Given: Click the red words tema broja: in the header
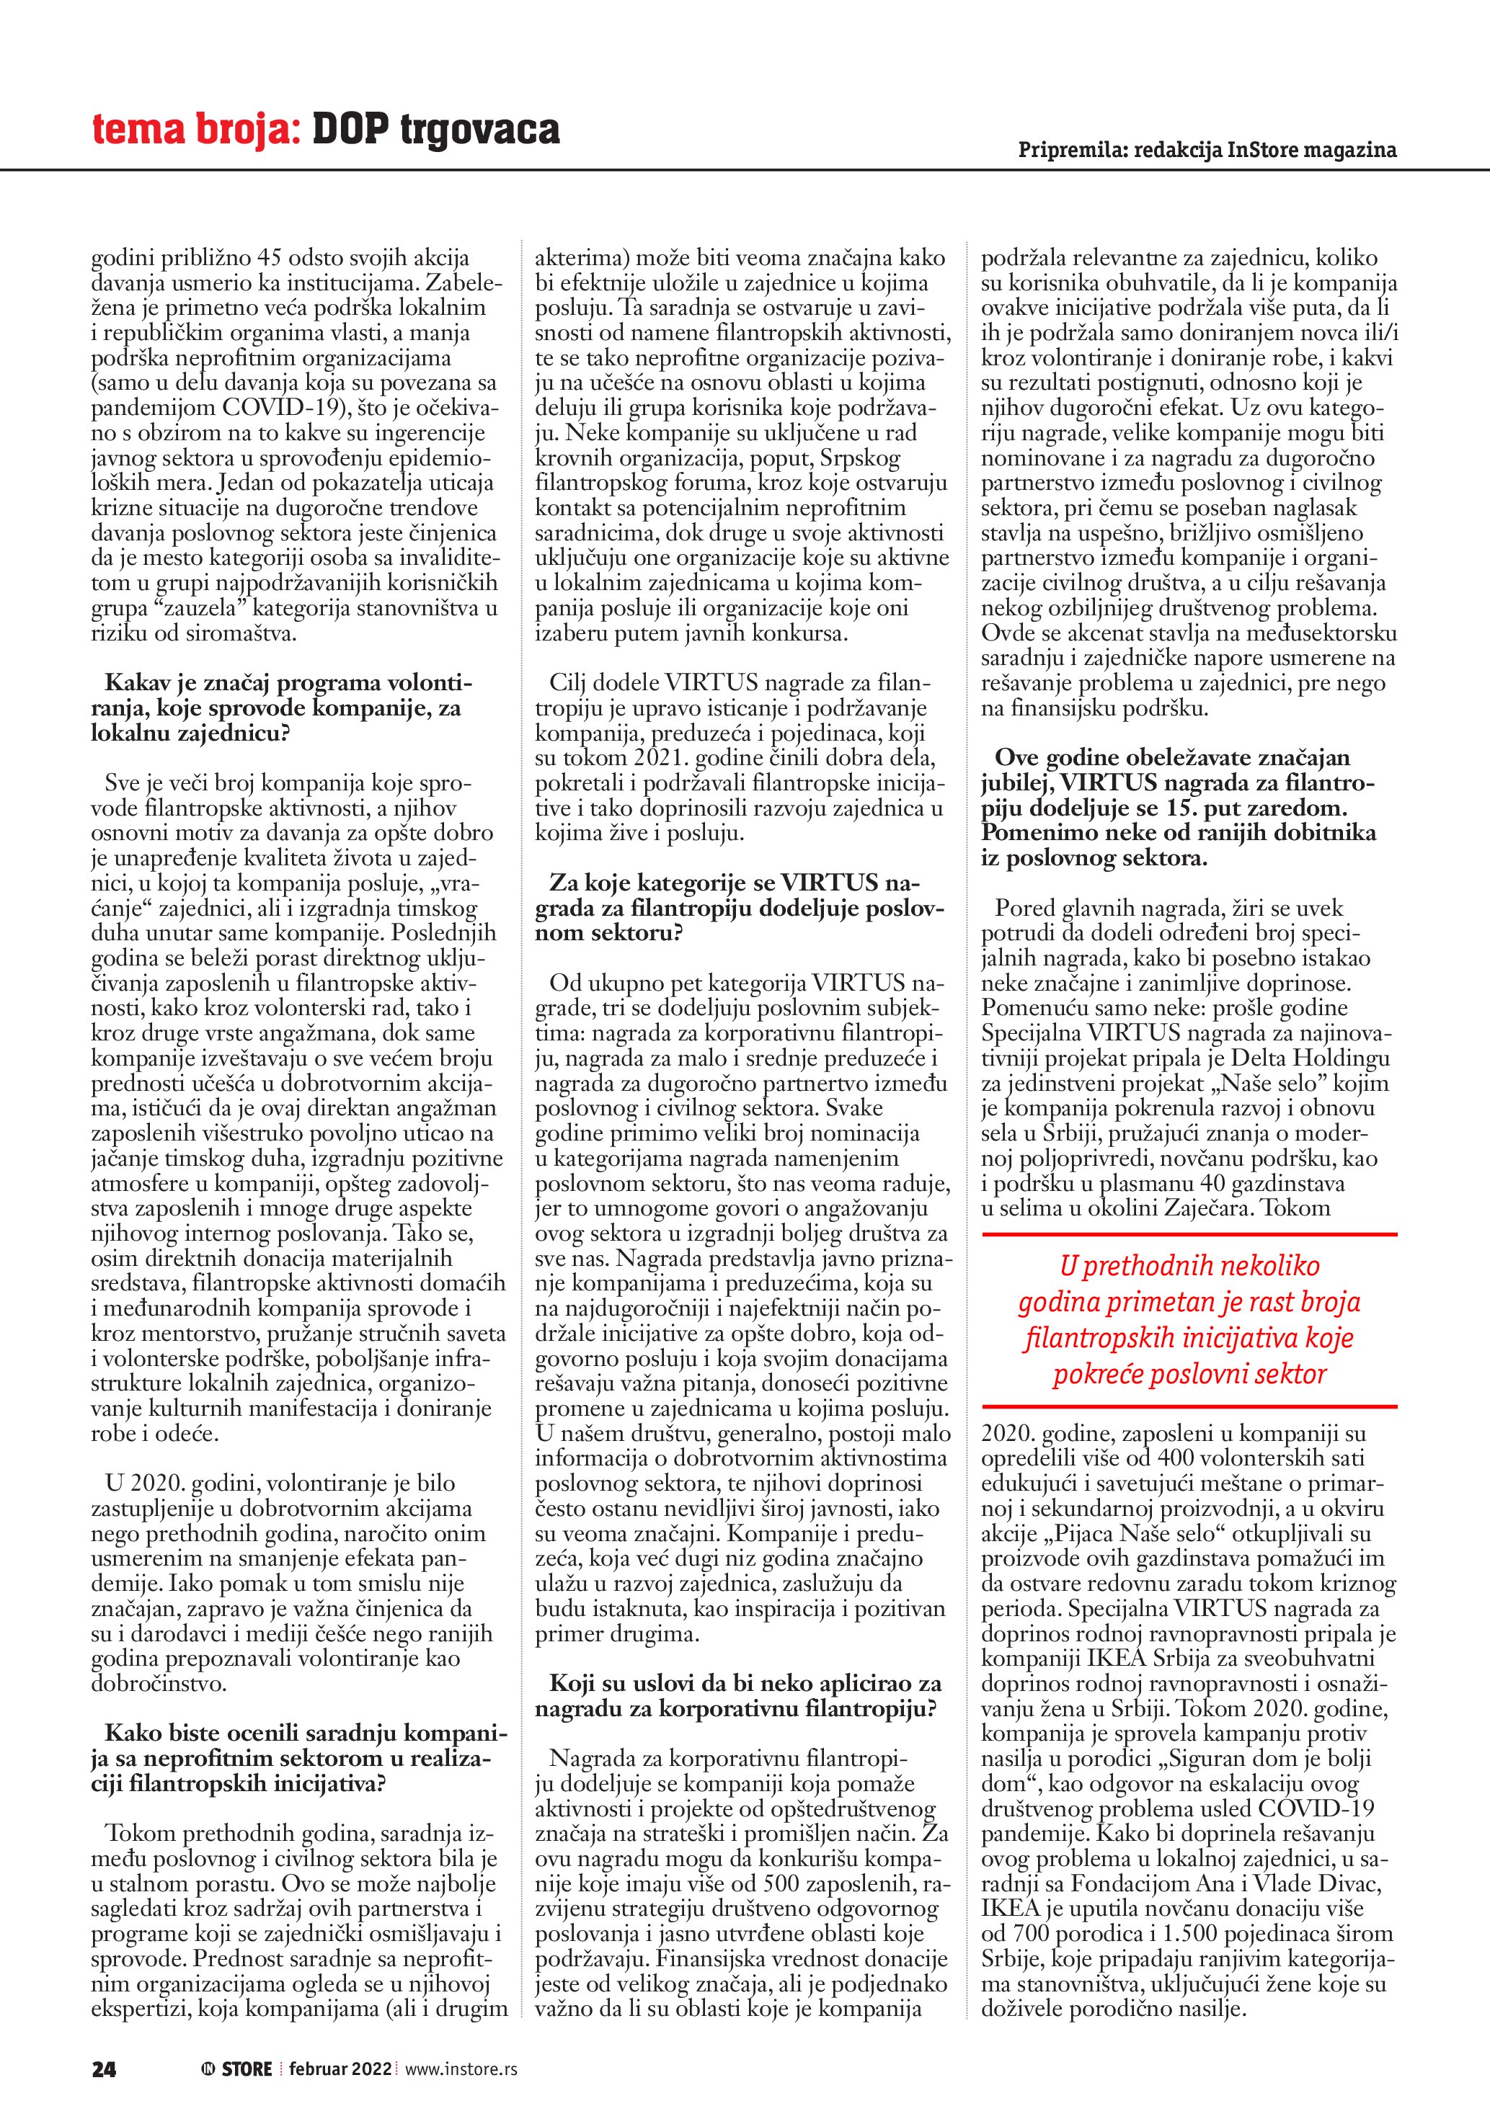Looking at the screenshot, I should [195, 130].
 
